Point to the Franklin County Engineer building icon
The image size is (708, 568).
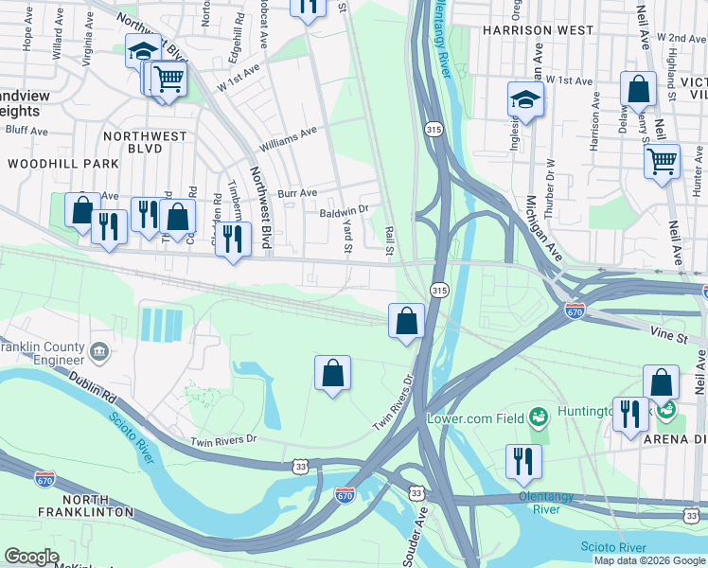click(98, 353)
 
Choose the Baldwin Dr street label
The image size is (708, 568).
click(344, 213)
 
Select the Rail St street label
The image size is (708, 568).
click(389, 240)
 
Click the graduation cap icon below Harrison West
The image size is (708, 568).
click(525, 98)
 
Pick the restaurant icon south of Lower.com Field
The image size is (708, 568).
click(523, 461)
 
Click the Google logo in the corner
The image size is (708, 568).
click(31, 557)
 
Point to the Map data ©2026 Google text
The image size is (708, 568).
click(648, 560)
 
